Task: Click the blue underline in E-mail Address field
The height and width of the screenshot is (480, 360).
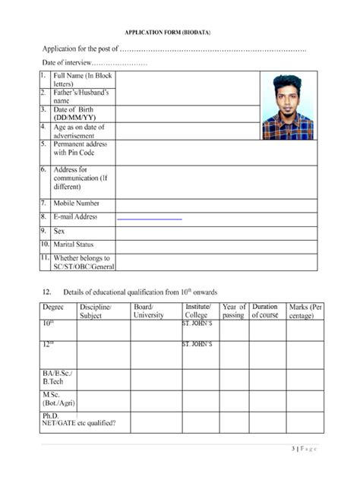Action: (149, 219)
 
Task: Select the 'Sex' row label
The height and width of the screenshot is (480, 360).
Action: (59, 231)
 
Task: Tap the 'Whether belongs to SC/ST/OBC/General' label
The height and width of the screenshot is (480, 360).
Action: (82, 262)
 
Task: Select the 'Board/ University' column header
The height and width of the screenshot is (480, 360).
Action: (148, 311)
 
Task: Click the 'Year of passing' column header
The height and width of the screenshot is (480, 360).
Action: (233, 311)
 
